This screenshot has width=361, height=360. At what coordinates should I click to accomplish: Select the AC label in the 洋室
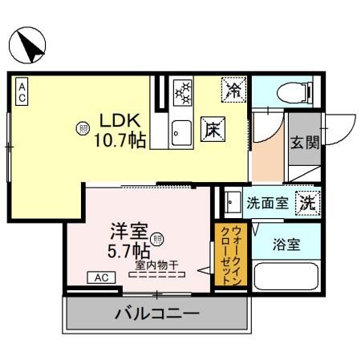[x=102, y=277]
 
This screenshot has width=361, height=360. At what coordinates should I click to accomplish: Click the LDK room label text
[x=118, y=120]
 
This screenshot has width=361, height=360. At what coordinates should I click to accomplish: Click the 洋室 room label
[x=128, y=231]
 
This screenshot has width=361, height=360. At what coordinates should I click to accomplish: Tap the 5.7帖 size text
[x=130, y=249]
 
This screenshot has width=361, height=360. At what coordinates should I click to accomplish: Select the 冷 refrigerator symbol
[x=234, y=89]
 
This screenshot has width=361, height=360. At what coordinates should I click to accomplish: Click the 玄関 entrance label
[x=304, y=144]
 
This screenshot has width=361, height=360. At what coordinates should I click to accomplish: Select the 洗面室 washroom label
[x=266, y=204]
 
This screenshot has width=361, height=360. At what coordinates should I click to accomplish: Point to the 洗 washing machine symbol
[x=307, y=204]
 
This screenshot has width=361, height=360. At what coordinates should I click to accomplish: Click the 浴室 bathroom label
[x=286, y=245]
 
